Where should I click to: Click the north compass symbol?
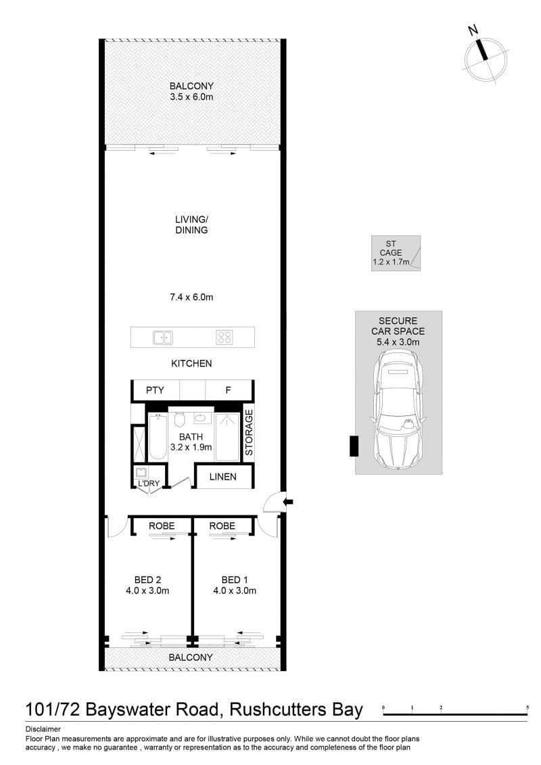(x=486, y=57)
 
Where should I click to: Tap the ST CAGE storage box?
(x=396, y=253)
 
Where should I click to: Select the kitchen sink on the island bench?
(x=162, y=337)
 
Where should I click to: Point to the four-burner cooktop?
(x=225, y=337)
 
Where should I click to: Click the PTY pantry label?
(x=155, y=390)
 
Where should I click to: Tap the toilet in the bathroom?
(x=179, y=419)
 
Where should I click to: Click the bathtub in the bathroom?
(x=158, y=437)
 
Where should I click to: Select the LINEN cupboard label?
(x=223, y=477)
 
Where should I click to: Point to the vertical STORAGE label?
(x=249, y=433)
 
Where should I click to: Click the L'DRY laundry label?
(x=148, y=484)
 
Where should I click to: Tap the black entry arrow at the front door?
(x=288, y=501)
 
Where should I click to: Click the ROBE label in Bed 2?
(x=162, y=526)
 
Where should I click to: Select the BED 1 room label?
(x=235, y=580)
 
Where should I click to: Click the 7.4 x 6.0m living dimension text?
(x=191, y=297)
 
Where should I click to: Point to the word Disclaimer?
(x=43, y=729)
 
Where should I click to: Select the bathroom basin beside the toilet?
(x=201, y=418)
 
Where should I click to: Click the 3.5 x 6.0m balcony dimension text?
(x=191, y=97)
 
